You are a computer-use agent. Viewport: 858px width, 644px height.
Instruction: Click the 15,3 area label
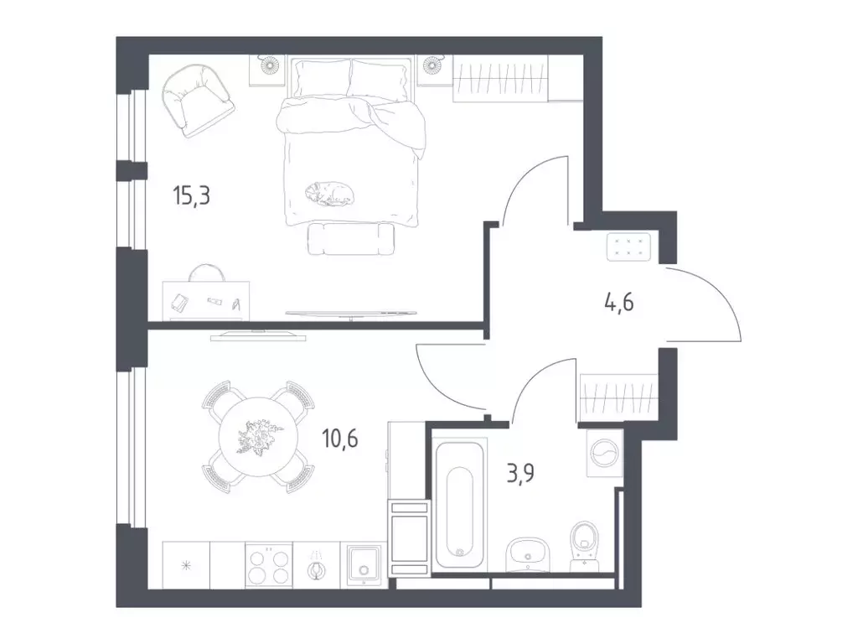pyautogui.click(x=192, y=195)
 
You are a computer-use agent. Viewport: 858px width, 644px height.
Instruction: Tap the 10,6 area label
pyautogui.click(x=340, y=439)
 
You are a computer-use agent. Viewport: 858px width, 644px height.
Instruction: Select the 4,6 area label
pyautogui.click(x=619, y=302)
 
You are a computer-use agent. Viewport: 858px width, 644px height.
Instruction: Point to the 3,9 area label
pyautogui.click(x=520, y=473)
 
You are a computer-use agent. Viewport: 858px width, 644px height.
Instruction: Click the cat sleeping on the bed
pyautogui.click(x=329, y=194)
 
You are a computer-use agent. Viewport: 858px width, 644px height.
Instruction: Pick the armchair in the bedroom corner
pyautogui.click(x=197, y=101)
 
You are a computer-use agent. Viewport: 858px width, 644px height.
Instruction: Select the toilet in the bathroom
pyautogui.click(x=584, y=545)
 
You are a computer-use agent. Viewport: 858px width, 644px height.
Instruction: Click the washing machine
pyautogui.click(x=605, y=454)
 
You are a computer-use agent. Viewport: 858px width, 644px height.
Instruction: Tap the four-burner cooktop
pyautogui.click(x=268, y=566)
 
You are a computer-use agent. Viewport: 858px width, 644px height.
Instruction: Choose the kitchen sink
pyautogui.click(x=363, y=566)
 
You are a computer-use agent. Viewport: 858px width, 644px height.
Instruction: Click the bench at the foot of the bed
pyautogui.click(x=351, y=238)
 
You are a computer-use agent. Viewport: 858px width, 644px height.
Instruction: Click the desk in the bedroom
pyautogui.click(x=206, y=300)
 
